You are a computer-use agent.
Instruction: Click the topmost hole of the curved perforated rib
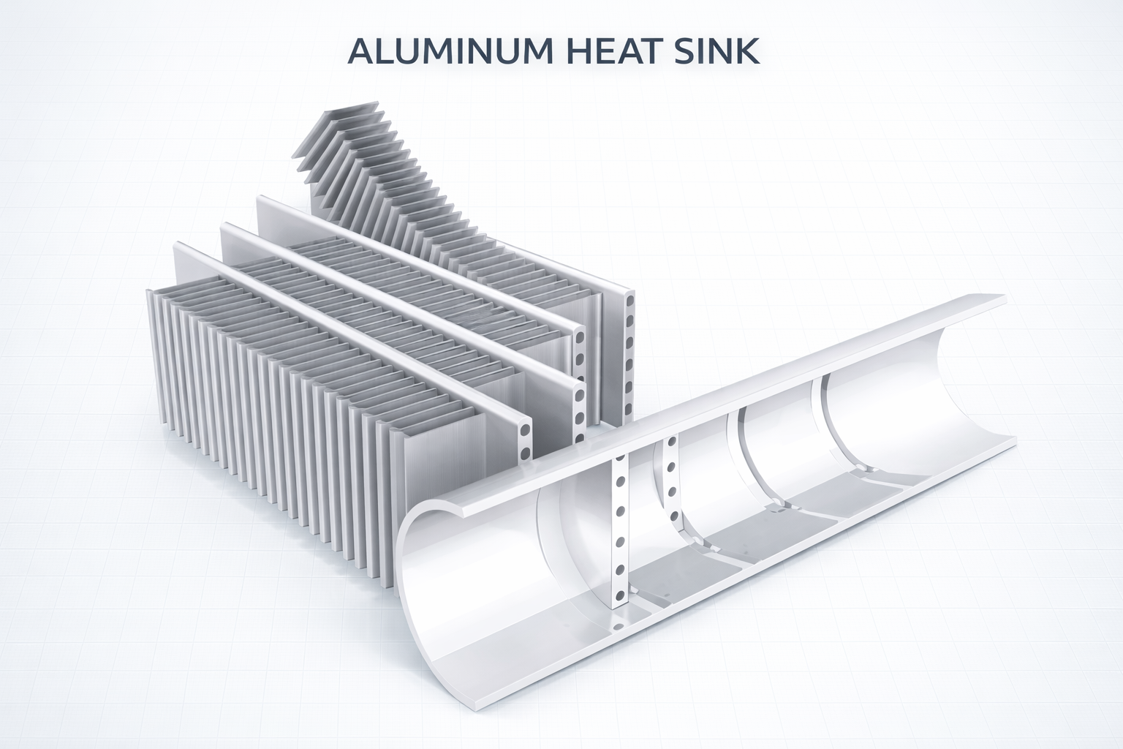(x=670, y=444)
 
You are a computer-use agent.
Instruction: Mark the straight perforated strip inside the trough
(x=620, y=527)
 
